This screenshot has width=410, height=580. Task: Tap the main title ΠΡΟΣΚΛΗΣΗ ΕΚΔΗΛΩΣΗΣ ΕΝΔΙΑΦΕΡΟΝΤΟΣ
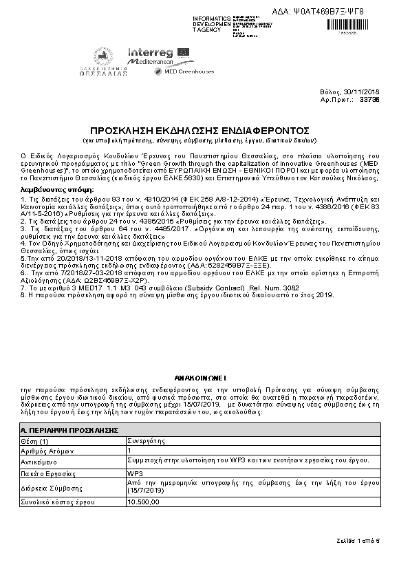pos(200,130)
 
